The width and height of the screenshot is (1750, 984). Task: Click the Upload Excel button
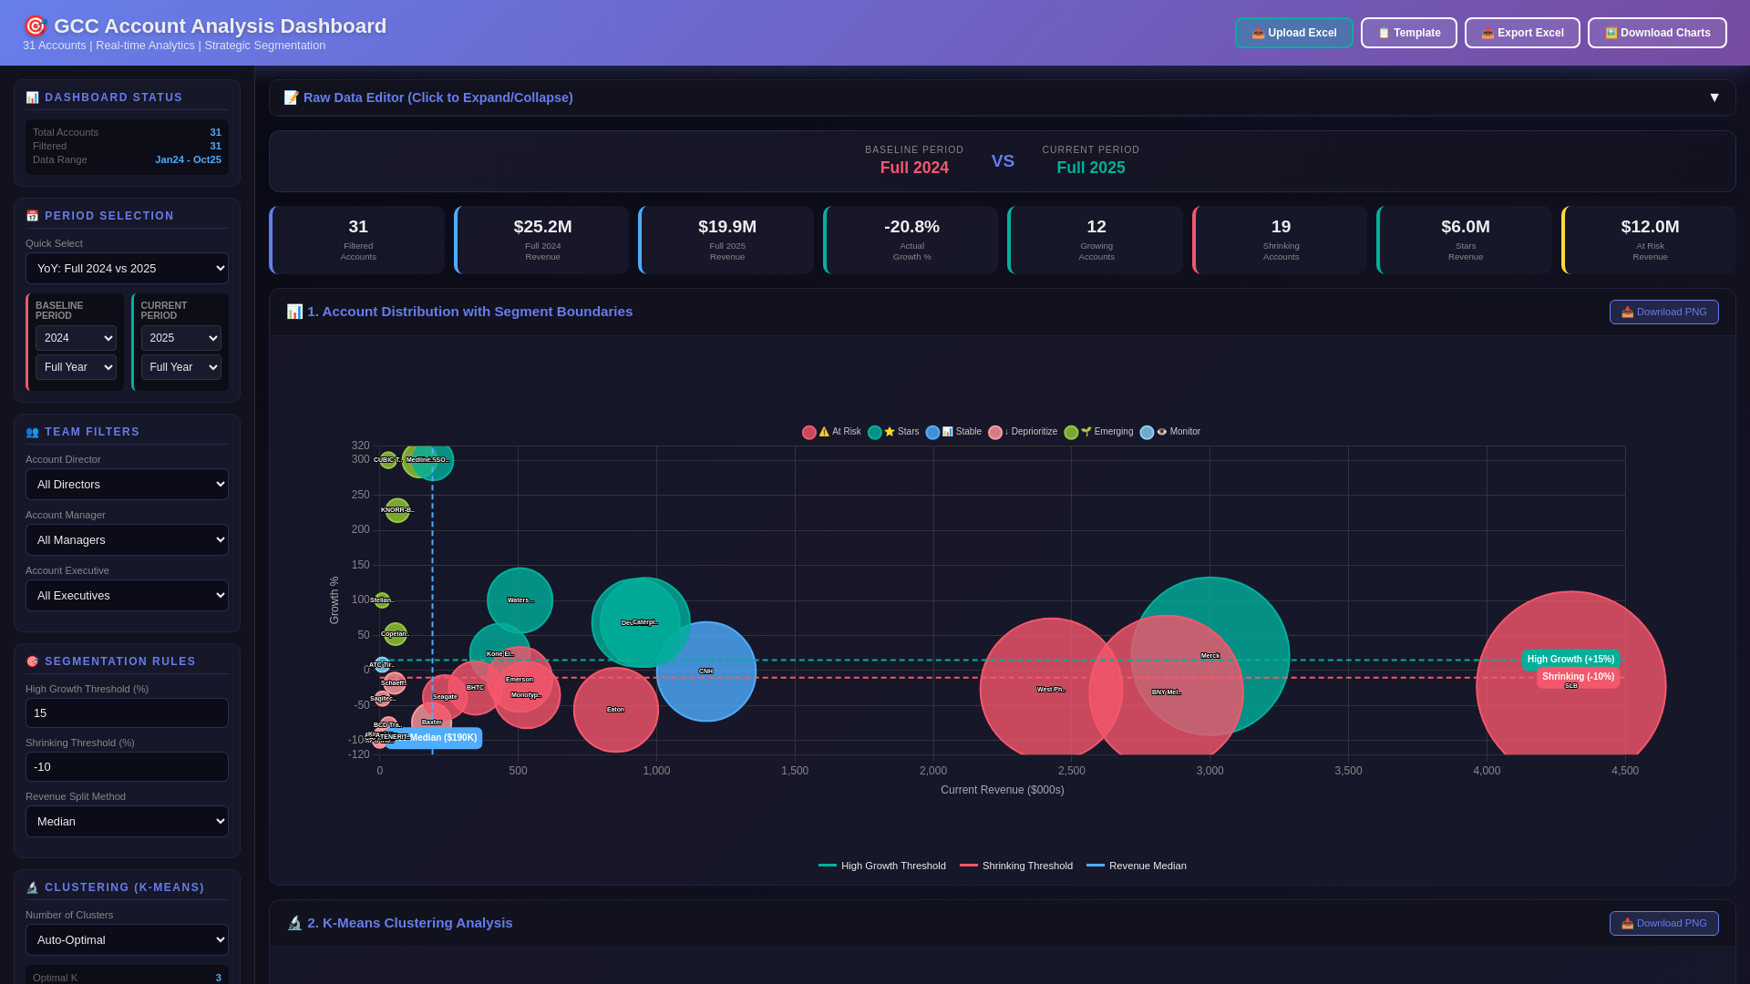(1293, 33)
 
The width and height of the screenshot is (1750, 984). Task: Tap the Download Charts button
(1656, 33)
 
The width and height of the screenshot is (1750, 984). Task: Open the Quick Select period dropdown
(127, 269)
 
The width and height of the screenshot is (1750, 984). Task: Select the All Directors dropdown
(127, 485)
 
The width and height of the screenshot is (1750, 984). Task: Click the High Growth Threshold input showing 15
(127, 713)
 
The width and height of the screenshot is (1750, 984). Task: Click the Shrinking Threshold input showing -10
(127, 767)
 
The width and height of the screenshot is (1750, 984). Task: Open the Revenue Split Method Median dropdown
(127, 822)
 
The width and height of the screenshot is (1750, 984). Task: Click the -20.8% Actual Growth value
(911, 227)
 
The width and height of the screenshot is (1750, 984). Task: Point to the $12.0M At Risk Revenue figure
(1649, 227)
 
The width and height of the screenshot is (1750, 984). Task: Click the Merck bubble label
(1210, 656)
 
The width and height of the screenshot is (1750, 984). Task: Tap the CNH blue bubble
(705, 671)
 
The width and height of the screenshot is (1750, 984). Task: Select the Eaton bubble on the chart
(615, 710)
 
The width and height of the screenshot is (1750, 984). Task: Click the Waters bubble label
(520, 600)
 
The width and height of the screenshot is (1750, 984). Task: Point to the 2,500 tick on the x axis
(1071, 771)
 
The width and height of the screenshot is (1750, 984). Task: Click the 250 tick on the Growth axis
(361, 495)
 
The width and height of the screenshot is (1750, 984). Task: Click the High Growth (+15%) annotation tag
(1570, 660)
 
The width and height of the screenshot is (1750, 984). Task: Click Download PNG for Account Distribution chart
(1663, 312)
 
